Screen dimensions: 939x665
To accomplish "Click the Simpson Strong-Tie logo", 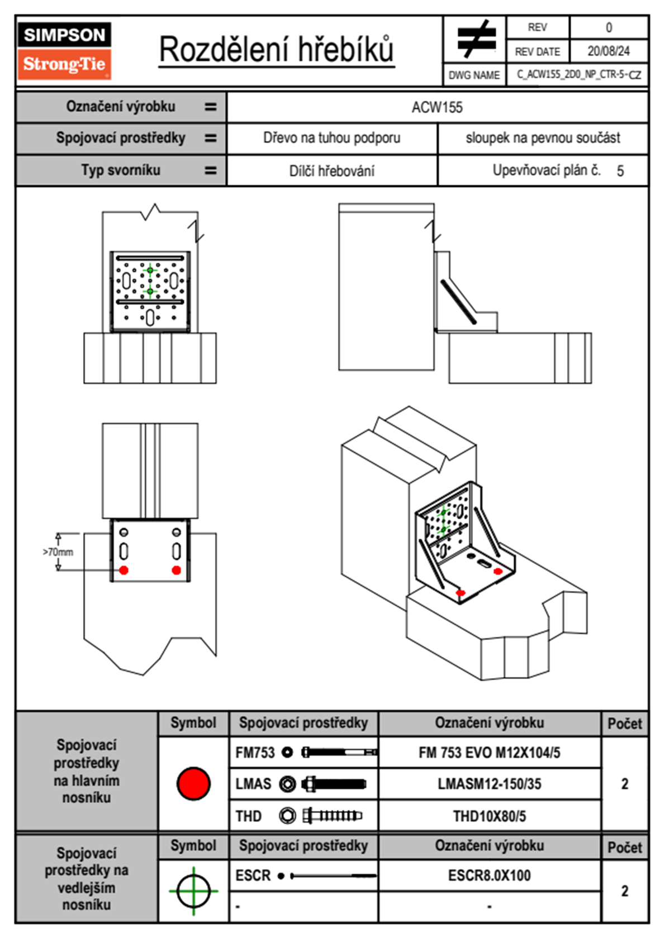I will (x=64, y=51).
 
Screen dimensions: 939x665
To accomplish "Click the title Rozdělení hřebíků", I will (x=277, y=50).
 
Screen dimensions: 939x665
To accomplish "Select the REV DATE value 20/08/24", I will (x=608, y=51).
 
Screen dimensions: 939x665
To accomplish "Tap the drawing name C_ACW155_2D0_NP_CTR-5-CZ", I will (x=578, y=75).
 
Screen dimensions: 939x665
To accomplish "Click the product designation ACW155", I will (x=437, y=107).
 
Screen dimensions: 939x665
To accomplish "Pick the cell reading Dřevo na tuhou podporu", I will (x=331, y=138).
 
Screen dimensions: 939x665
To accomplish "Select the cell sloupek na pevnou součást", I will (x=543, y=138).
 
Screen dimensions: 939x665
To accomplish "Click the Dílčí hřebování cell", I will (x=331, y=171).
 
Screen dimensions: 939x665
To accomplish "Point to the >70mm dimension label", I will (x=58, y=552).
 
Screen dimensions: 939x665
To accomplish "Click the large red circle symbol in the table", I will (x=193, y=783).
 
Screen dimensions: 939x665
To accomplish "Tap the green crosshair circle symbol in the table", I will (x=193, y=890).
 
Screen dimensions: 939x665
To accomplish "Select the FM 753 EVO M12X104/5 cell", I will (x=489, y=753).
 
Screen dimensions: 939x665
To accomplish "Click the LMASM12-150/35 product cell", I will (x=489, y=784).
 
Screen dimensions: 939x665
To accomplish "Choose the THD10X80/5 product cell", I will (x=489, y=816).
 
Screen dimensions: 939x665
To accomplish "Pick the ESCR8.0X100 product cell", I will (x=489, y=875).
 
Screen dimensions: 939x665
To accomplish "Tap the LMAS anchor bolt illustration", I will (x=334, y=784).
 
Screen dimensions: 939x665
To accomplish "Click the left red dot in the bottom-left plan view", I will (x=124, y=570).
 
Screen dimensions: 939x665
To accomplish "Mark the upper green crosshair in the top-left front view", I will (x=150, y=270).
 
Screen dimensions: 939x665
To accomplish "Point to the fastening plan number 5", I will (x=620, y=171).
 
